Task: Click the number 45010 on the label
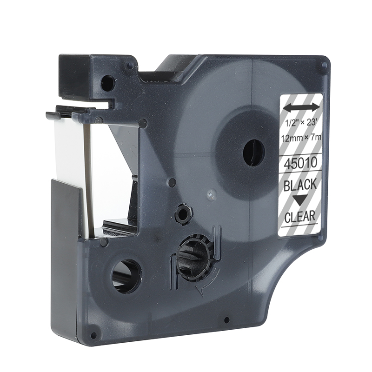[x=300, y=163]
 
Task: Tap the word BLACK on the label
[x=300, y=184]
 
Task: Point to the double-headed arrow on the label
[x=300, y=107]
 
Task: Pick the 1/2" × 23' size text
[x=301, y=124]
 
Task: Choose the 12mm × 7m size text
[x=300, y=137]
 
